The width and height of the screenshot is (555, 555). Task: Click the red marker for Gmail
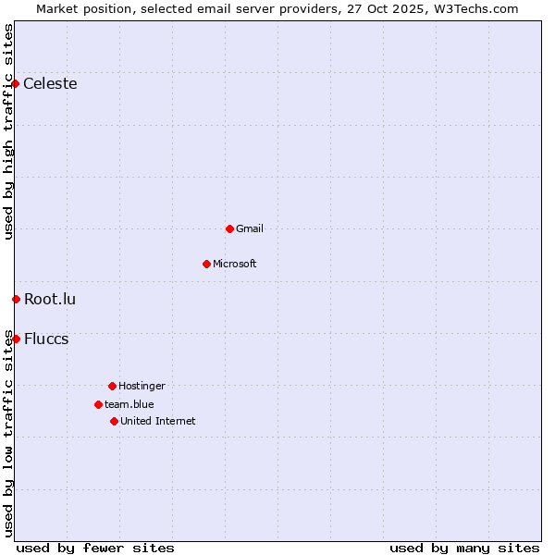pos(229,228)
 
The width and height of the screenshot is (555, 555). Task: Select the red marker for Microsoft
pos(206,264)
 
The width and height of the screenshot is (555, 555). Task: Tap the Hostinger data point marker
pos(112,386)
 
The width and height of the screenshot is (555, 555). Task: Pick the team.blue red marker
pos(98,404)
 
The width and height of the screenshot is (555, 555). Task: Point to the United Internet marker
pos(114,421)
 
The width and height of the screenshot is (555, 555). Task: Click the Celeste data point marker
pos(16,84)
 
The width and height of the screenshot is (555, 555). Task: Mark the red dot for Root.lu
pos(16,299)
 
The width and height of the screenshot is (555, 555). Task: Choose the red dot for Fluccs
pos(16,339)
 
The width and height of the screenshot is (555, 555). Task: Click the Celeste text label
pos(50,84)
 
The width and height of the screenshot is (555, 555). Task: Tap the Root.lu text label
pos(50,299)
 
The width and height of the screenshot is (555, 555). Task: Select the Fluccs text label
pos(46,339)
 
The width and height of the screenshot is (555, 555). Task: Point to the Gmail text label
pos(250,228)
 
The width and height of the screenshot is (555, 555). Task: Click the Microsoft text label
pos(235,264)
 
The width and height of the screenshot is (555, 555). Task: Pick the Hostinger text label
pos(142,386)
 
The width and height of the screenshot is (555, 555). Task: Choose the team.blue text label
pos(129,404)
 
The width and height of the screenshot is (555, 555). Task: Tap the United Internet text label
pos(158,421)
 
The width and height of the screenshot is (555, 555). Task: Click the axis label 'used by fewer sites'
pos(95,548)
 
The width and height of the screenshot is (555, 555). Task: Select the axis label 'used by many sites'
pos(464,548)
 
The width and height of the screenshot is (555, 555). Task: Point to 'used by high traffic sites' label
pos(8,131)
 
